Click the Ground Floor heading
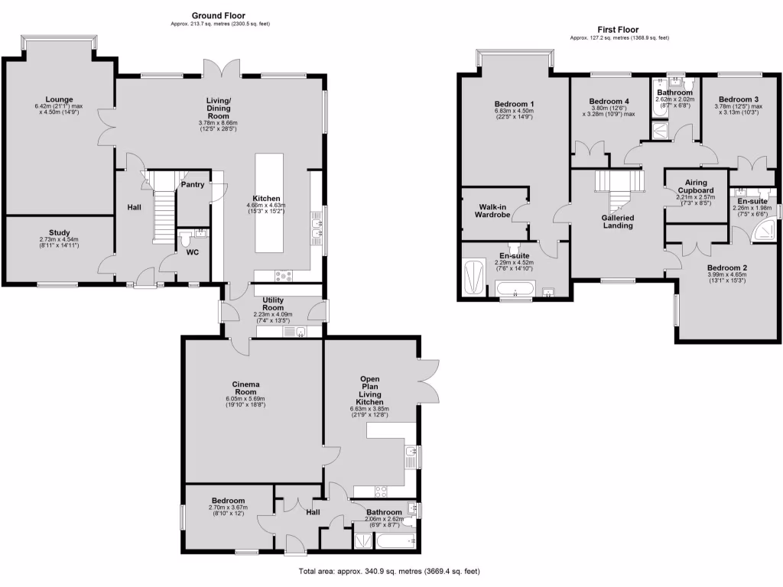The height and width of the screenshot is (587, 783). pyautogui.click(x=219, y=15)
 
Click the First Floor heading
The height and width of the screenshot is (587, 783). pyautogui.click(x=619, y=30)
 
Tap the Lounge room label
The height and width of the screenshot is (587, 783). pyautogui.click(x=59, y=99)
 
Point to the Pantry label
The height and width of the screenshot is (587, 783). pyautogui.click(x=192, y=184)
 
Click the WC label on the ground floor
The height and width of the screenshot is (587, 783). pyautogui.click(x=193, y=252)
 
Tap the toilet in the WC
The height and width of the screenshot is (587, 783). pyautogui.click(x=185, y=238)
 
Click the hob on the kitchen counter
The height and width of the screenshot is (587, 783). pyautogui.click(x=284, y=277)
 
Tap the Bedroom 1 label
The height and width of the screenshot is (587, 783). pyautogui.click(x=514, y=104)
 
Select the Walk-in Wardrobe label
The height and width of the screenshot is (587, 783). pyautogui.click(x=494, y=211)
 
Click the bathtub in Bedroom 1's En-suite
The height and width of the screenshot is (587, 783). pyautogui.click(x=515, y=290)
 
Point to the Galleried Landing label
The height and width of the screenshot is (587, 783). pyautogui.click(x=617, y=221)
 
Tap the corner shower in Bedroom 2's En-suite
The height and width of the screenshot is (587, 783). pyautogui.click(x=762, y=231)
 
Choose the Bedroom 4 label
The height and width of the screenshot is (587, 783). pyautogui.click(x=609, y=101)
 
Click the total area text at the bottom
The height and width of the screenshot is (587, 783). pyautogui.click(x=388, y=571)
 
